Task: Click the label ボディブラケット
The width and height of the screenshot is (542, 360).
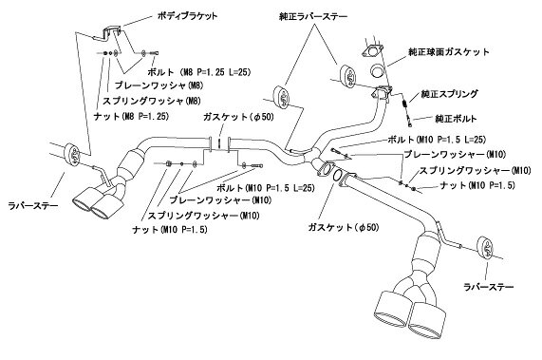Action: [x=187, y=16]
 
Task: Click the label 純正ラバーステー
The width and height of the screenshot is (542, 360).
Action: [x=313, y=16]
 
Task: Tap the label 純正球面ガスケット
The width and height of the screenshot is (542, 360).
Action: [x=449, y=52]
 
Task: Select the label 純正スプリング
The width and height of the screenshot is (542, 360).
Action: [x=449, y=94]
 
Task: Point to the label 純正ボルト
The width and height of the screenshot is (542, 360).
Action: [x=456, y=119]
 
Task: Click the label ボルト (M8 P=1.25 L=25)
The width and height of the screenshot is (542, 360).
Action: [x=198, y=72]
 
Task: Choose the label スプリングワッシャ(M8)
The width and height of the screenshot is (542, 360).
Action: [x=152, y=101]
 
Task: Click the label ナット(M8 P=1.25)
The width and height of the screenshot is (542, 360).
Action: [x=131, y=116]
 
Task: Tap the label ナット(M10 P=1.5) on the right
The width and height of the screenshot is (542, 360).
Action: [x=477, y=185]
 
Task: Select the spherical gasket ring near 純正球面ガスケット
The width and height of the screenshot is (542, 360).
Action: [x=377, y=71]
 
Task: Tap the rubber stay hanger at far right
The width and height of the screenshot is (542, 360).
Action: [x=485, y=249]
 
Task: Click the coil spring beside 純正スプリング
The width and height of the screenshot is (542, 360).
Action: [x=404, y=104]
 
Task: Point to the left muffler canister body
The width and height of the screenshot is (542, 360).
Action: [x=128, y=165]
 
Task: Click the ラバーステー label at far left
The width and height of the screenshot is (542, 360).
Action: [x=33, y=206]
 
